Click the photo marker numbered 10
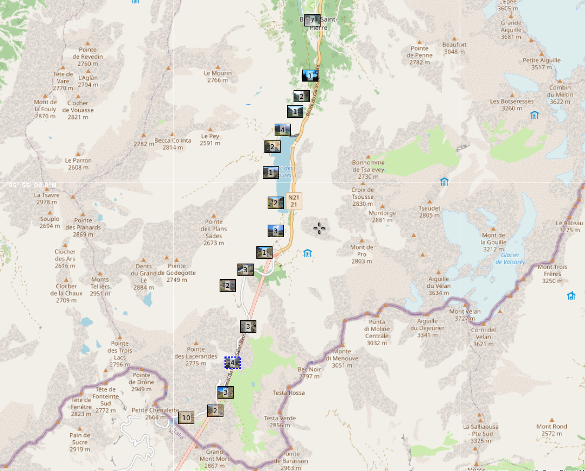(x=186, y=418)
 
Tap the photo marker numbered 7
(x=312, y=21)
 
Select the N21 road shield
(x=294, y=201)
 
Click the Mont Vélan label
(x=465, y=315)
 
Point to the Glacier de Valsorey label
(x=509, y=258)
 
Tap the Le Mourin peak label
(x=217, y=77)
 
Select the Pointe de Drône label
(x=141, y=379)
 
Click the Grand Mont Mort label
(x=214, y=455)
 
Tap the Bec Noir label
(x=309, y=373)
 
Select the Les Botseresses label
(x=512, y=104)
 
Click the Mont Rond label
(x=552, y=430)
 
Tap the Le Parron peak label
(x=78, y=164)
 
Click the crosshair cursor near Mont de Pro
(x=319, y=228)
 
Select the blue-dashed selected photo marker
(x=233, y=363)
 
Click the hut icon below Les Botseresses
(x=534, y=115)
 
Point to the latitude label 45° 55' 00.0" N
(x=32, y=185)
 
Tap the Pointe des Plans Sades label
(x=214, y=232)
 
